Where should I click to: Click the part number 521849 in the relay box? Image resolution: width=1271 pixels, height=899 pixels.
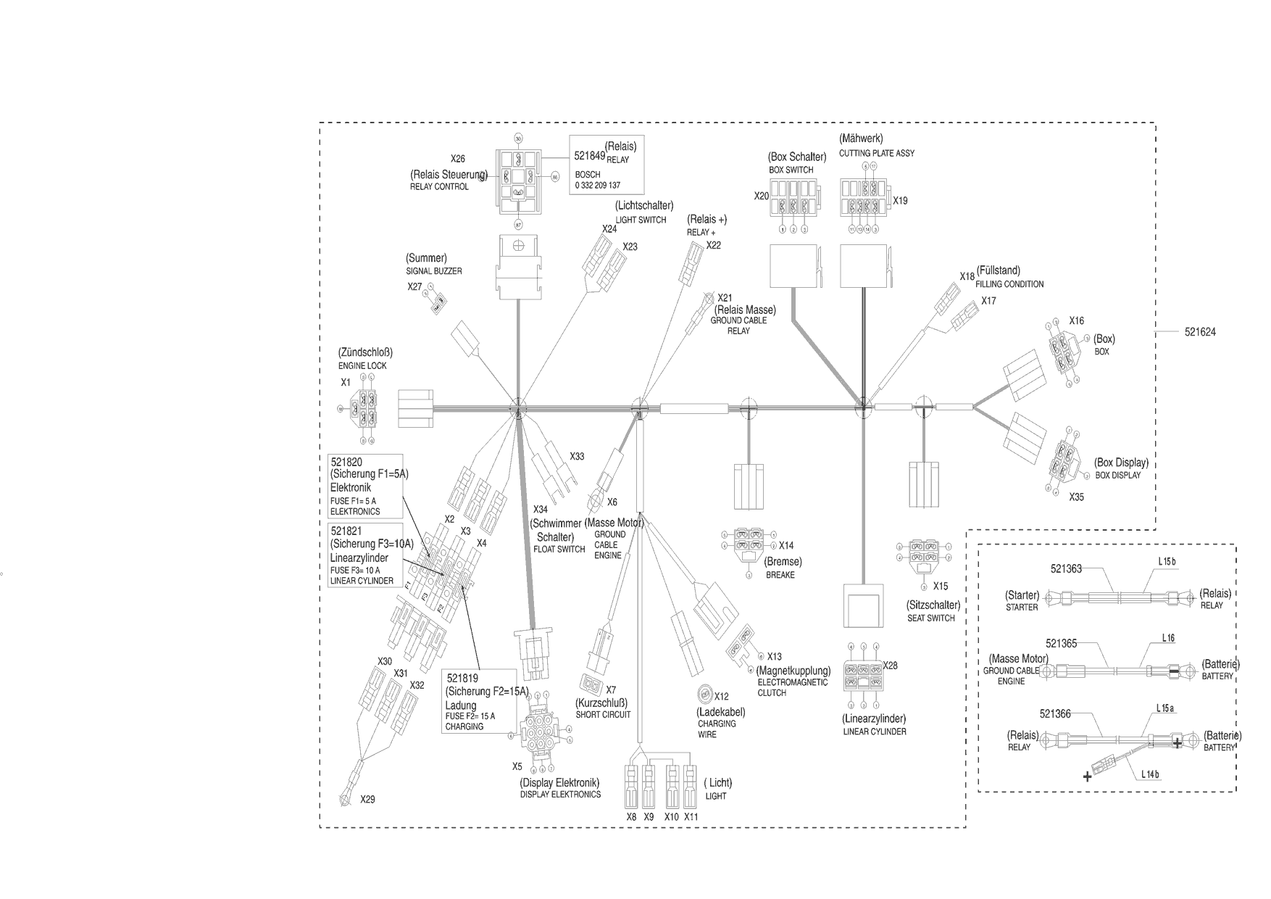tap(588, 156)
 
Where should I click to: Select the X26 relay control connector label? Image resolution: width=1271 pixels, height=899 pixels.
tap(457, 159)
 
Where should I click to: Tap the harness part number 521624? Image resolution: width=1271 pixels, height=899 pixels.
tap(1200, 332)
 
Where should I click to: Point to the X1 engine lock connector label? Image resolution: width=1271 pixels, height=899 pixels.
tap(346, 382)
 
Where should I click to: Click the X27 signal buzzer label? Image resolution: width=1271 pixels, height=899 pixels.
tap(414, 287)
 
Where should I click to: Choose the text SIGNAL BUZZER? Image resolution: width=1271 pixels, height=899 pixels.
tap(433, 271)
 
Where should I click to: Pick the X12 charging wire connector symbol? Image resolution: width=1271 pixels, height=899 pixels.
tap(702, 694)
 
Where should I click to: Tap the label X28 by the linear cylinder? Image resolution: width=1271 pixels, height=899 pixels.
tap(890, 666)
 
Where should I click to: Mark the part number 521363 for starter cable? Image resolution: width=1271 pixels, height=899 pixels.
tap(1066, 569)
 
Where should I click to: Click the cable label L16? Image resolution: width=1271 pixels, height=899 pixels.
tap(1168, 638)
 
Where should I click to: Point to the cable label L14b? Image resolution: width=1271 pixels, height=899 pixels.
tap(1150, 774)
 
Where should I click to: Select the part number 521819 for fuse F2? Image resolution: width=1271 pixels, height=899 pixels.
tap(462, 679)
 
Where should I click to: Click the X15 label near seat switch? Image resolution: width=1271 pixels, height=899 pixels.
tap(940, 586)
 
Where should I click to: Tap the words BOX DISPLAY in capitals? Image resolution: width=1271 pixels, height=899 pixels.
tap(1117, 476)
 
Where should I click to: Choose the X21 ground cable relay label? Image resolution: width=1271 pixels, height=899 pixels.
tap(725, 298)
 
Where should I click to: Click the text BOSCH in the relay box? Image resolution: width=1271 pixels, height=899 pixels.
tap(588, 175)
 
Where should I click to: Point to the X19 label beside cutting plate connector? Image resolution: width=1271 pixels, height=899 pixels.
tap(900, 201)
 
